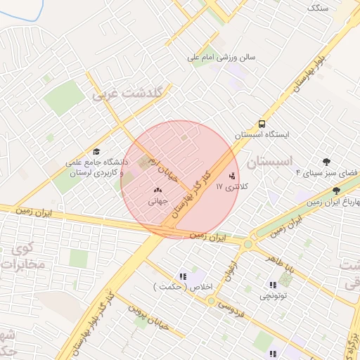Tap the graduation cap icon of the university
tap(96, 151)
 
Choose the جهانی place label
tap(157, 200)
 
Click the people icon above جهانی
tap(157, 188)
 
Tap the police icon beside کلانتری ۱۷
tap(233, 175)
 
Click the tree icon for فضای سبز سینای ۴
tap(326, 161)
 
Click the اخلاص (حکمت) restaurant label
tap(176, 286)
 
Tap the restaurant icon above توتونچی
tap(272, 285)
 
